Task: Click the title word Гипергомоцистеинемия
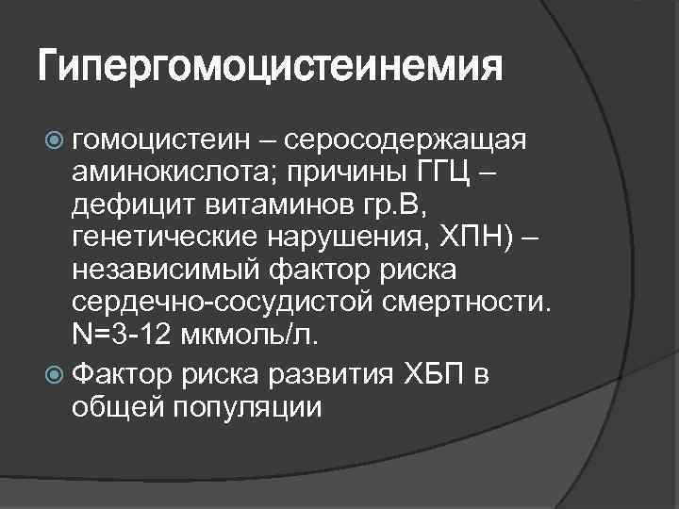pos(270,68)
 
